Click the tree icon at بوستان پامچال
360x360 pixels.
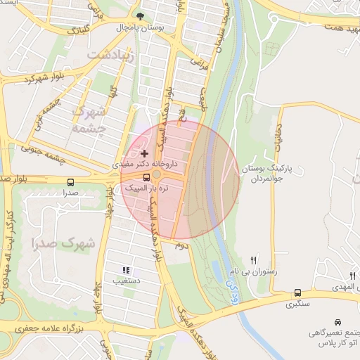pyautogui.click(x=141, y=15)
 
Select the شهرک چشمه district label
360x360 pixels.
pyautogui.click(x=89, y=120)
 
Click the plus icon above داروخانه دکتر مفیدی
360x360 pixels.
pyautogui.click(x=145, y=153)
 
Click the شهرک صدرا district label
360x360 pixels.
pyautogui.click(x=63, y=243)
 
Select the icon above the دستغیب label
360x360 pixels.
pyautogui.click(x=126, y=270)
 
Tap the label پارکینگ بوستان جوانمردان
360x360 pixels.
pyautogui.click(x=262, y=174)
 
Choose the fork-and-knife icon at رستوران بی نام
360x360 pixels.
pyautogui.click(x=254, y=260)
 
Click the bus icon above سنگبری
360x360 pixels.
pyautogui.click(x=297, y=292)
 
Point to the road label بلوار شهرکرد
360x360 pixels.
pyautogui.click(x=29, y=79)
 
